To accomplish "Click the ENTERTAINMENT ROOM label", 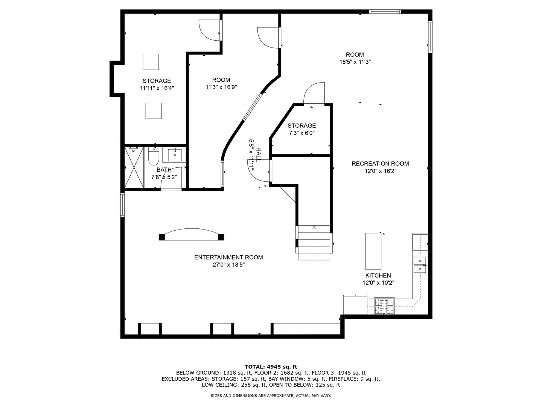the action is [x=228, y=257].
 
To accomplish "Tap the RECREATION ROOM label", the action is [x=380, y=164].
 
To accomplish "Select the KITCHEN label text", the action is [x=378, y=275].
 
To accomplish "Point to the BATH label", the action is [x=164, y=170].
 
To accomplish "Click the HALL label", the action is [x=259, y=155].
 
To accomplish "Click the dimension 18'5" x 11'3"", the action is [x=355, y=62].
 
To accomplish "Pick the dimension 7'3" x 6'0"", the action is [x=301, y=133].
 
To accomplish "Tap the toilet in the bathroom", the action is [x=154, y=156].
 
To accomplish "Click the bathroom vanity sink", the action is [x=175, y=155].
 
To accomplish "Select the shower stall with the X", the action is [x=134, y=167].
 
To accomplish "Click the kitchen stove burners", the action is [x=384, y=306].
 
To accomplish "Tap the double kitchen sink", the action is [x=420, y=265].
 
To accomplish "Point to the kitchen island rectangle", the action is [x=373, y=251].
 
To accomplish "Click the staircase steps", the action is [x=314, y=243].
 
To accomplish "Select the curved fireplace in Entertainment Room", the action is [x=191, y=234].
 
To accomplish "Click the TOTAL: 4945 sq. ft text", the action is [x=271, y=367].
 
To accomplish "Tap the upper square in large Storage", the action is [x=151, y=62].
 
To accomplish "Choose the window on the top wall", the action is [x=385, y=11].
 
